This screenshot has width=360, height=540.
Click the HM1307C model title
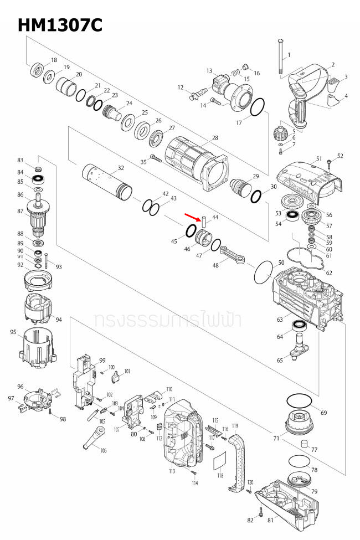(x=60, y=25)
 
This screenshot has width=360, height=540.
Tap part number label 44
(x=215, y=218)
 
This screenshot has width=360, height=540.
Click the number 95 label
(x=13, y=332)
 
